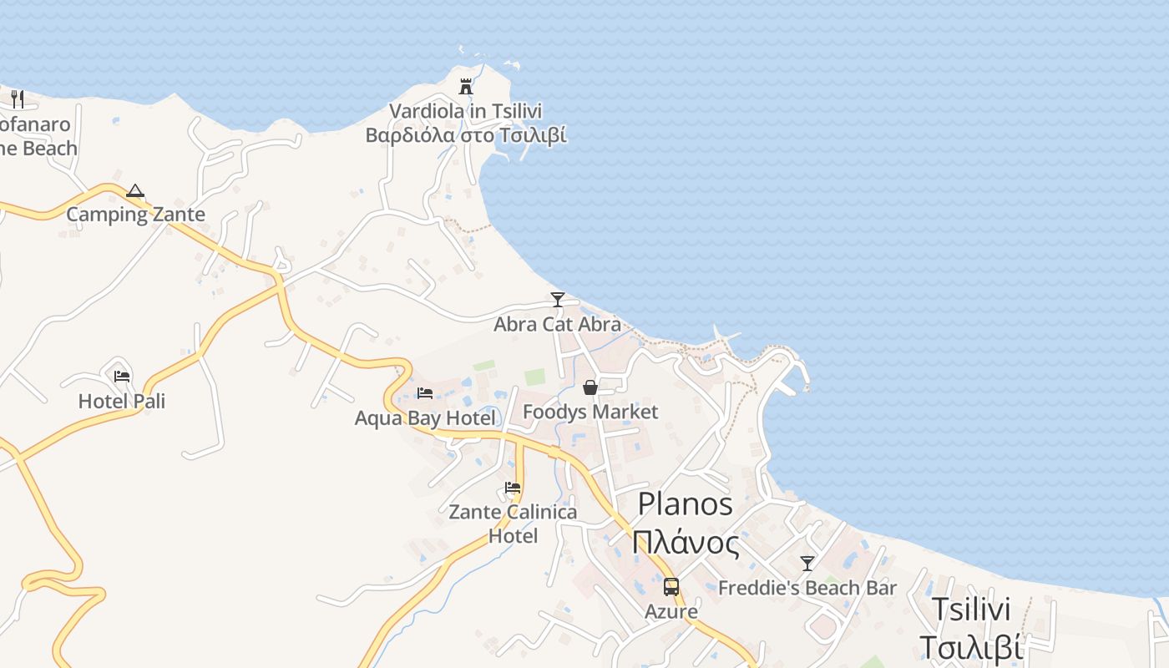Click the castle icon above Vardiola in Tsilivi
466,86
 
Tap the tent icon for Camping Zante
135,191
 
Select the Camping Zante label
135,215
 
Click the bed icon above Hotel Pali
122,376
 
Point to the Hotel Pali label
122,402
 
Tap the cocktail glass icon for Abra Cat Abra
558,299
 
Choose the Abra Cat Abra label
557,324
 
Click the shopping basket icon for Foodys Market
590,387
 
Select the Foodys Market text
590,412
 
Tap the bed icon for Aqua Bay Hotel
425,392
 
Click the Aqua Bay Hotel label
425,417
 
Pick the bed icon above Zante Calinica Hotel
513,488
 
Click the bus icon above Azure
671,586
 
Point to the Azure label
671,612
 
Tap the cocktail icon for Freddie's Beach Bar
807,564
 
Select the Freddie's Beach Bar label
807,588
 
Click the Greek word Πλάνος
686,544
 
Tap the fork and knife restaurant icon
18,99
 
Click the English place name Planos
686,504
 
